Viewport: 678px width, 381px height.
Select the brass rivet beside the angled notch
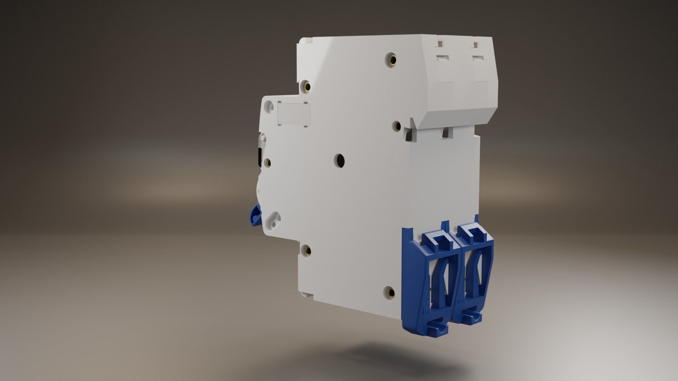click(397, 126)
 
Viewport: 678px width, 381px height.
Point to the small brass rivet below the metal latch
click(267, 163)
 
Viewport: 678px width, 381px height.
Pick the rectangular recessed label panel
click(294, 114)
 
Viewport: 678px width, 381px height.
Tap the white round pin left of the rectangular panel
click(269, 105)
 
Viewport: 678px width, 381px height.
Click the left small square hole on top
click(440, 44)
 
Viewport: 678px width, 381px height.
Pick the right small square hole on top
click(475, 45)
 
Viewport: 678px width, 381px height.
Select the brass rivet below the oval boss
click(308, 250)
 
